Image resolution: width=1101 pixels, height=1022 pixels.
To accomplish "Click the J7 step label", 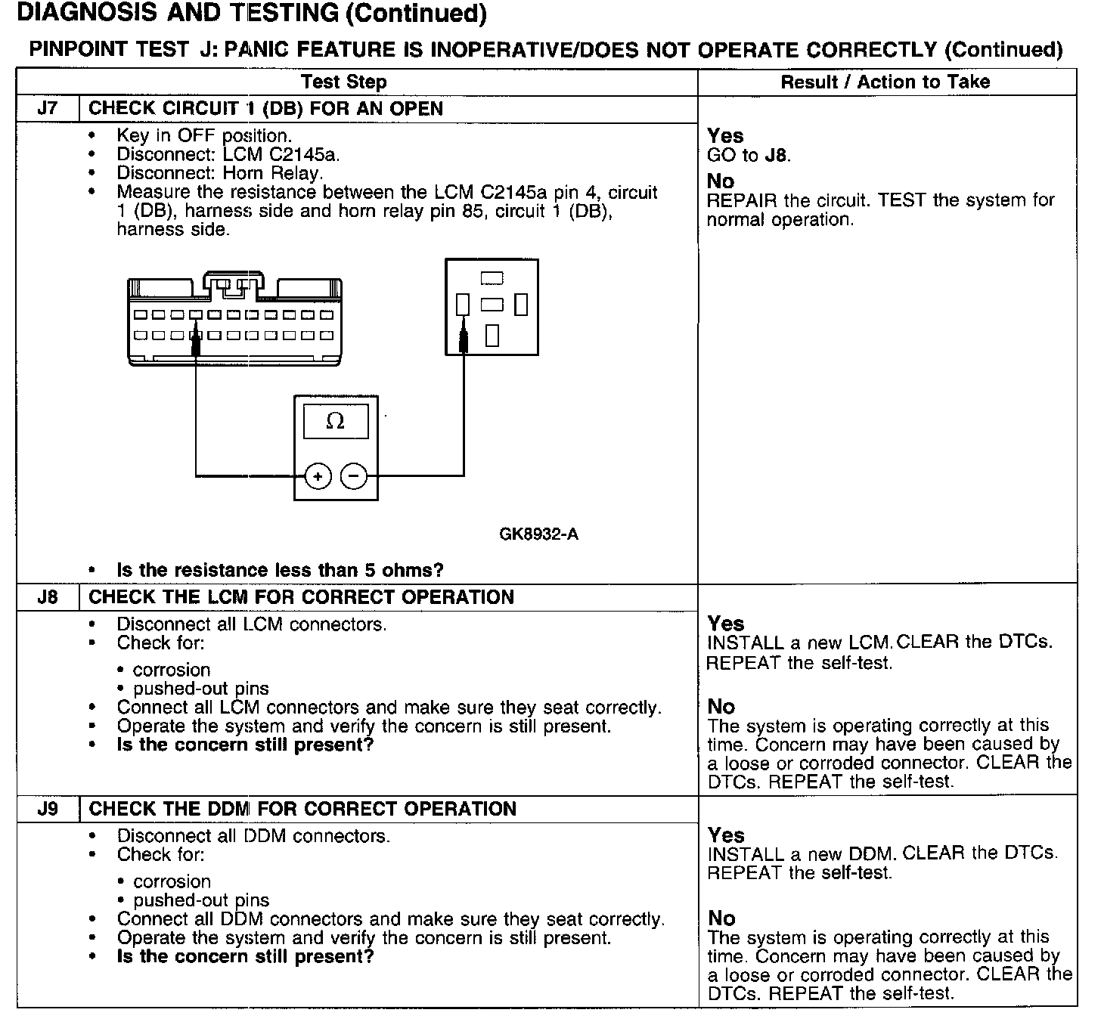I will click(x=47, y=108).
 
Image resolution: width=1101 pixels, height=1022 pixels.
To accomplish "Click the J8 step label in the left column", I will click(x=47, y=597).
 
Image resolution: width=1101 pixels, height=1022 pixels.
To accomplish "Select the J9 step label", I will click(x=47, y=809).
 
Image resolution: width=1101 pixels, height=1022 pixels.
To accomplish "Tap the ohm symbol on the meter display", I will click(x=335, y=421).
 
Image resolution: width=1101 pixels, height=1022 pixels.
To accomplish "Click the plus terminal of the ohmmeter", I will click(x=318, y=476).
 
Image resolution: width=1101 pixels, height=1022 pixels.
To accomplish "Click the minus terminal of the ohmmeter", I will click(x=353, y=476).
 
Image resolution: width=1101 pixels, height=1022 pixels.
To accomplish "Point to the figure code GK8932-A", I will click(x=538, y=534).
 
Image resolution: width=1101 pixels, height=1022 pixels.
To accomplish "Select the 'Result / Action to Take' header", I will click(x=885, y=82).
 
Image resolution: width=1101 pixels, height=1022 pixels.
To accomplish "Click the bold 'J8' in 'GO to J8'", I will click(x=777, y=156).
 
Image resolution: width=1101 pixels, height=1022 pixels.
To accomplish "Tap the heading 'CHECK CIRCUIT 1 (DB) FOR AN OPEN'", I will click(x=265, y=108).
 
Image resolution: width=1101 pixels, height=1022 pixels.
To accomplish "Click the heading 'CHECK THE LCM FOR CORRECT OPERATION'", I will click(x=301, y=597).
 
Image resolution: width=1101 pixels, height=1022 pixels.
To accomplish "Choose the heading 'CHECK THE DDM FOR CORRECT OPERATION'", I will click(x=302, y=809).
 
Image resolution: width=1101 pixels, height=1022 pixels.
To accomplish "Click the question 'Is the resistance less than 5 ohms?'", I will click(x=280, y=570).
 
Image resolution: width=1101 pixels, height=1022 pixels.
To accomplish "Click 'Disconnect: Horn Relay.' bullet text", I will click(x=219, y=173).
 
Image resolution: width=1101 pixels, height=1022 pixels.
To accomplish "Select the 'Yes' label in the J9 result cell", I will click(x=726, y=835).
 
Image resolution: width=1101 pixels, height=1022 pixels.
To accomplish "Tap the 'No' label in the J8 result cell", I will click(x=721, y=707).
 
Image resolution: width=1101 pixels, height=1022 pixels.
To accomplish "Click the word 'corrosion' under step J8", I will click(x=172, y=670).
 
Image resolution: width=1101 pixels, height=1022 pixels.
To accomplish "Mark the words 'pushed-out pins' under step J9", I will click(x=201, y=900).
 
